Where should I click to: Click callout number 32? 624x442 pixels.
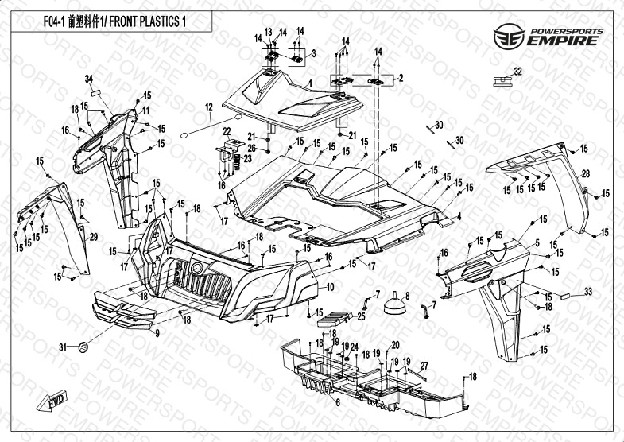pos(517,72)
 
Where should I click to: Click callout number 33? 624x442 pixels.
pos(587,292)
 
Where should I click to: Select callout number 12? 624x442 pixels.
pos(209,107)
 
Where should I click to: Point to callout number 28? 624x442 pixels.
pos(585,174)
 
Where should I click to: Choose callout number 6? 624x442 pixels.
pos(337,403)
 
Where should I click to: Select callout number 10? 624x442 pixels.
pos(331,286)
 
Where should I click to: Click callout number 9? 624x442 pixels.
pos(157,333)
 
